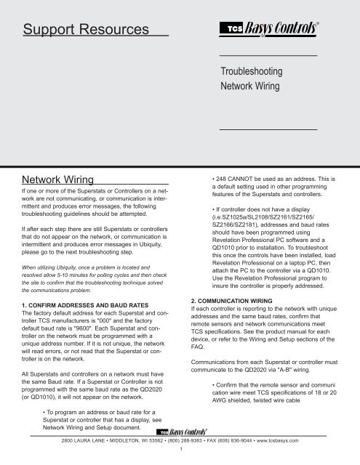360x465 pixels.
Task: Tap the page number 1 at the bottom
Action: click(180, 457)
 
